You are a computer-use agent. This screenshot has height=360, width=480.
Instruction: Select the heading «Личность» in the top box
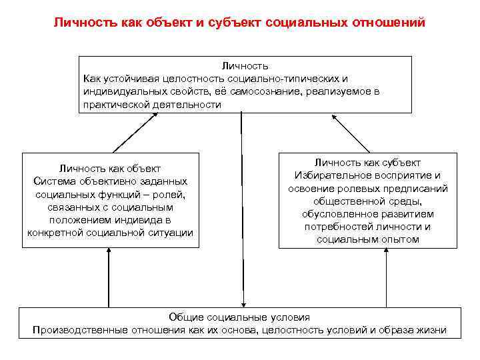click(x=245, y=65)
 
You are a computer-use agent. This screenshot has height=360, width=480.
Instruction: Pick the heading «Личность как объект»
click(x=110, y=169)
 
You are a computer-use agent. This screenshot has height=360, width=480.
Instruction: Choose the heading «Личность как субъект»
click(x=368, y=163)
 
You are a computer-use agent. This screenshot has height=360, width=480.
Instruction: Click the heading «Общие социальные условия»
click(x=240, y=317)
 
